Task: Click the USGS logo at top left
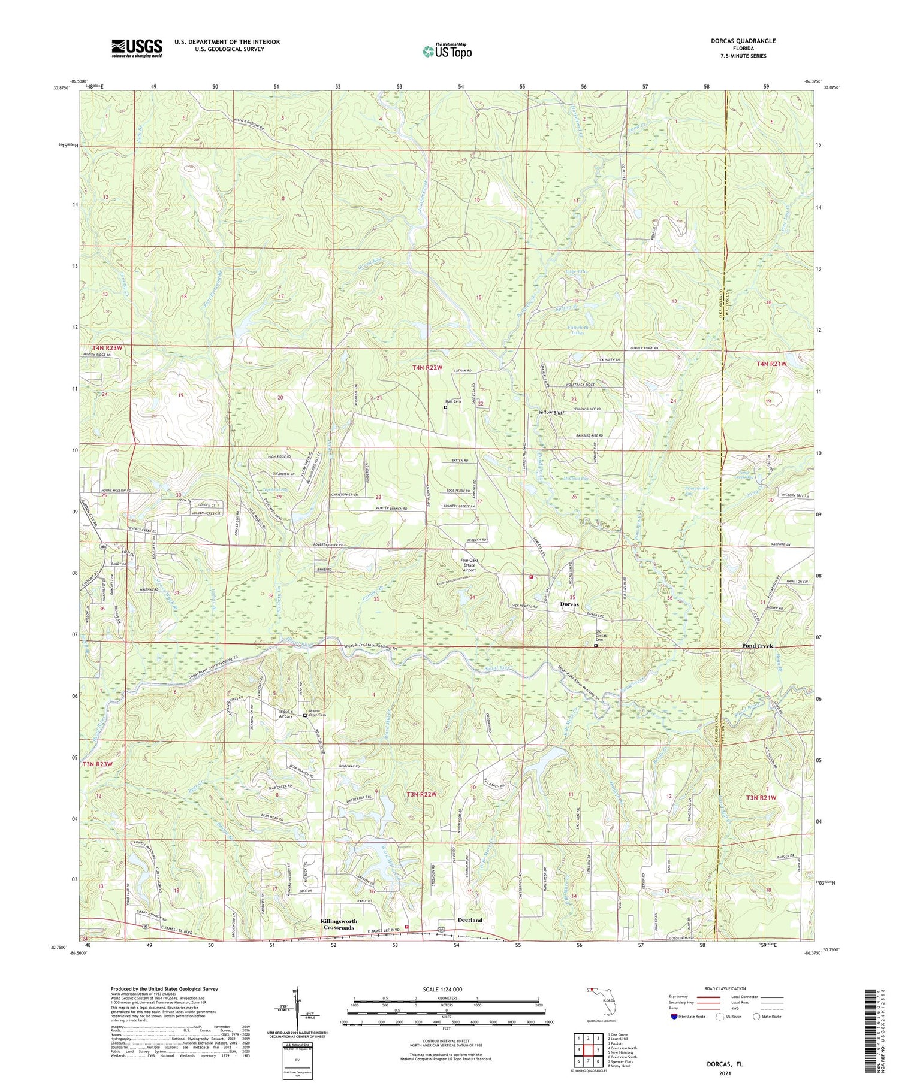137,48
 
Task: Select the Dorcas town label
569,604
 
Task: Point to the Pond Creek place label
757,646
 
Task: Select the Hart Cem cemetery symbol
445,407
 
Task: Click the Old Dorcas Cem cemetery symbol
595,646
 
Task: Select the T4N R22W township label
427,367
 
